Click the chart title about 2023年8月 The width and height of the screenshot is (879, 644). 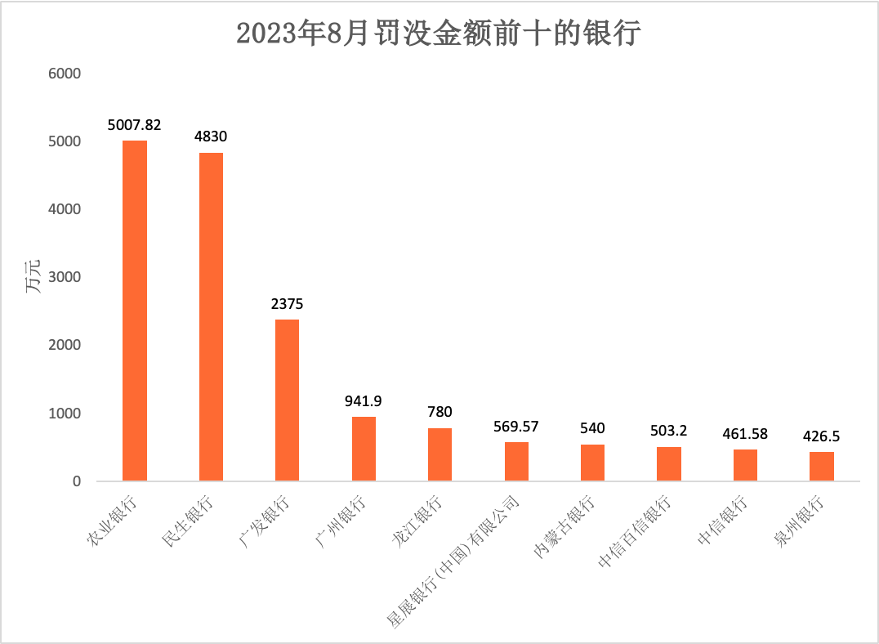point(439,34)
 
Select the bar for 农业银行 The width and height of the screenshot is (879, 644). point(135,311)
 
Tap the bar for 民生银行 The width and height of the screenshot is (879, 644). point(211,317)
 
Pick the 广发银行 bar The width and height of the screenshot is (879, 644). point(288,400)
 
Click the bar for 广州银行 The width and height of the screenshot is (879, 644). point(364,449)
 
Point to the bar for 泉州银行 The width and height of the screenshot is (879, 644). point(822,466)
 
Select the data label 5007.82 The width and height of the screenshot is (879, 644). point(135,125)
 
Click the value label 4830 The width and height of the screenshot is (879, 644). point(211,137)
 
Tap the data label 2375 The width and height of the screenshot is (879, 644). point(288,304)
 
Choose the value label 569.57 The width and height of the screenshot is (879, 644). point(516,427)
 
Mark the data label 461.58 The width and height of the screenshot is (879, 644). point(745,434)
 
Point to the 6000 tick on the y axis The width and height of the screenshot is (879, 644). point(65,74)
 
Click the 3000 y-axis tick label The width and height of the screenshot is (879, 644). point(65,277)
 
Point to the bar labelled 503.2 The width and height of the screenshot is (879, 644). point(669,463)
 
